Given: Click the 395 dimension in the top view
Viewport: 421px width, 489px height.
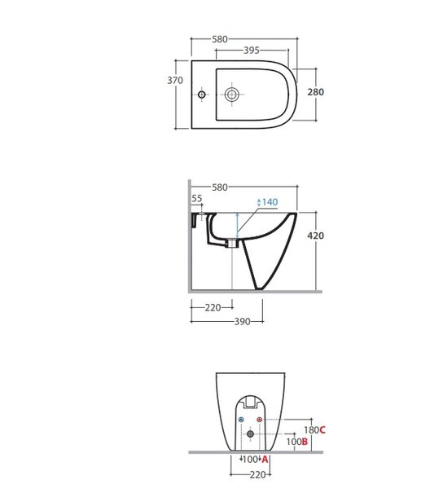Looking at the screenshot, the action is [251, 51].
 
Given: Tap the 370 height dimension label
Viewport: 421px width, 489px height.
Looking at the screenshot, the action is [175, 81].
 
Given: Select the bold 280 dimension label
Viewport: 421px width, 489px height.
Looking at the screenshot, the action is [316, 92].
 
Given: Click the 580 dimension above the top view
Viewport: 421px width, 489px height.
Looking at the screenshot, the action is [220, 39].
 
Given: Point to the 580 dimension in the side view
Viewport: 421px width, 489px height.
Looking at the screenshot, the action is [220, 187].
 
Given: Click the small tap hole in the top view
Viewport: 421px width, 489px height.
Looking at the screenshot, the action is [202, 95].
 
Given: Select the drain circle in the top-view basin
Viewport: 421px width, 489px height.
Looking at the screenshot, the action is [232, 95].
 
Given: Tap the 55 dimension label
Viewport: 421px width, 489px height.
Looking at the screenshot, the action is [197, 198].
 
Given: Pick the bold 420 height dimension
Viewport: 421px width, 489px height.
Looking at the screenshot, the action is [316, 236].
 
